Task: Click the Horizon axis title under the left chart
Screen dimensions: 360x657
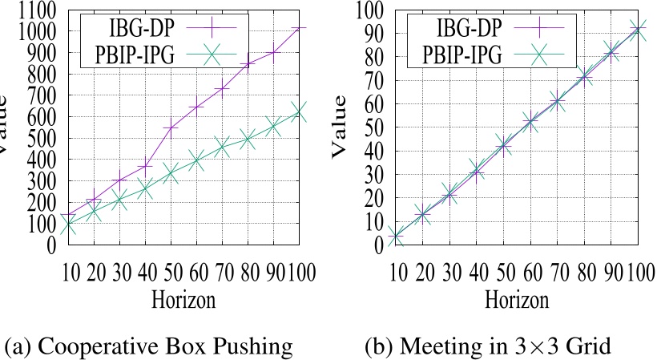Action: [x=183, y=301]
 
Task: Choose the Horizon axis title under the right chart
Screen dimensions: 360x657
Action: [x=517, y=301]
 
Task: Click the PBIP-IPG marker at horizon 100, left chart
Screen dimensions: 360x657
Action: [x=299, y=111]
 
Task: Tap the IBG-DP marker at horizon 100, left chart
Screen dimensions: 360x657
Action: [x=299, y=28]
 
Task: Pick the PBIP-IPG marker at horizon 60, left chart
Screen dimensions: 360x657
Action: [x=196, y=161]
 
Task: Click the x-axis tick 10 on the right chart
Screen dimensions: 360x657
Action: [x=394, y=271]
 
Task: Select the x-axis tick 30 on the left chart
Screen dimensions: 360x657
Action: [x=119, y=271]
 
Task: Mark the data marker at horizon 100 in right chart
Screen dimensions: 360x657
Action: [x=638, y=30]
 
